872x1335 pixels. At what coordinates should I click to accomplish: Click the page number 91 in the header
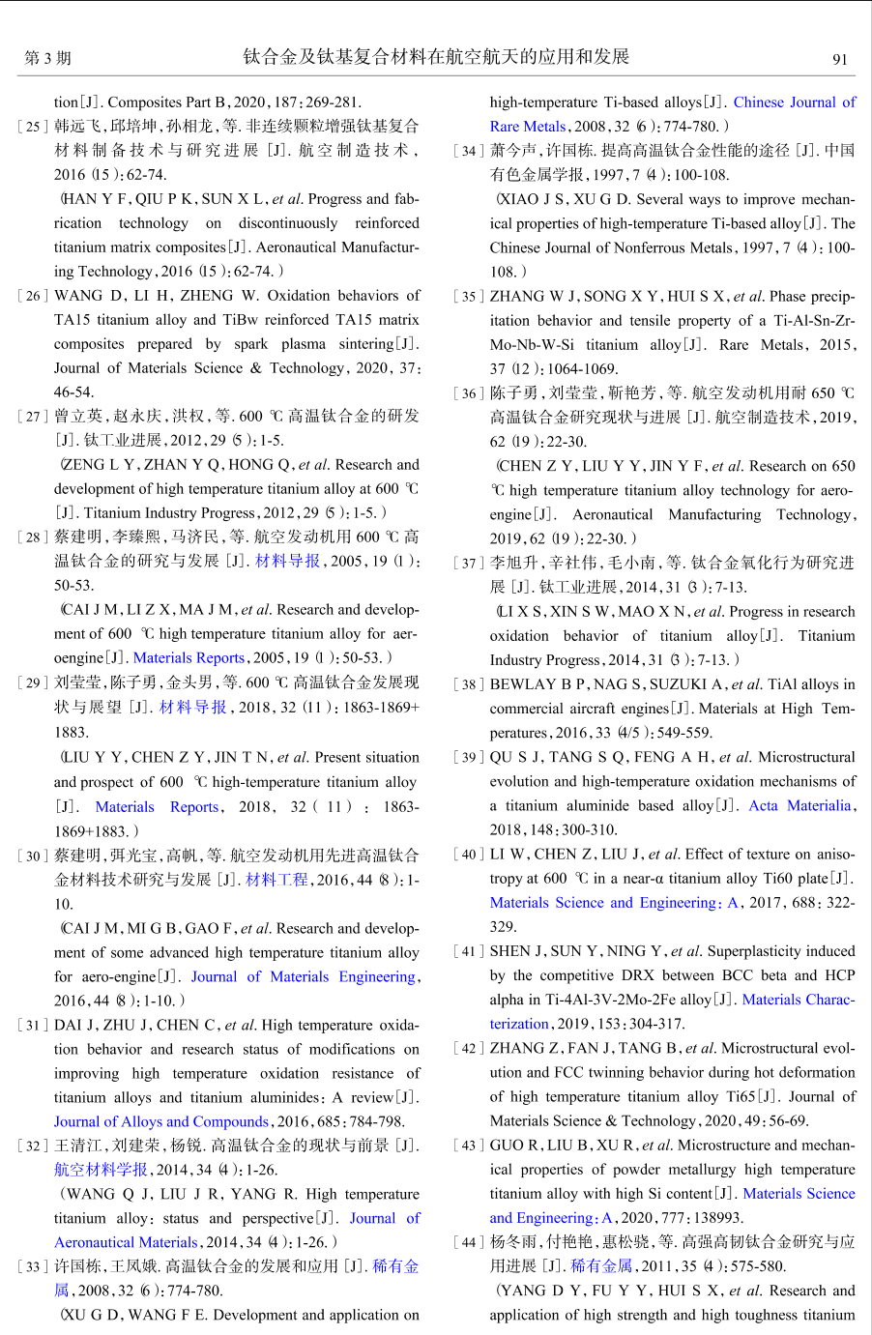(839, 59)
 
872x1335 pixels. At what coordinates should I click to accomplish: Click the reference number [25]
(32, 127)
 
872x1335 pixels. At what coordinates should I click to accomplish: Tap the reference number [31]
(32, 1026)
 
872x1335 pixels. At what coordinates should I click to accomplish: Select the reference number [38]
(468, 685)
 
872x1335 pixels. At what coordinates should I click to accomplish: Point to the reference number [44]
(468, 1243)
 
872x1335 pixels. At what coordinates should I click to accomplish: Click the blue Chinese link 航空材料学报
(101, 1171)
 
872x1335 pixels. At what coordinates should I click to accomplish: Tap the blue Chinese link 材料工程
(276, 880)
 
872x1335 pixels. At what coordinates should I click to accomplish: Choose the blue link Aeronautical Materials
(126, 1243)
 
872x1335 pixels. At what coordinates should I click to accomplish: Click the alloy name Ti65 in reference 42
(740, 1097)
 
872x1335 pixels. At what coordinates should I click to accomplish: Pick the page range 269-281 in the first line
(328, 102)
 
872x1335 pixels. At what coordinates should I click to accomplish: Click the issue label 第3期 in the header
(47, 59)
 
